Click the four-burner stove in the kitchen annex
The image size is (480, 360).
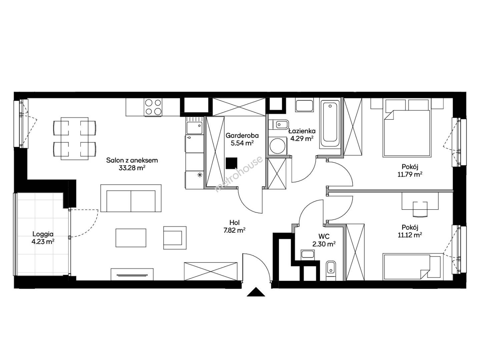click(x=153, y=107)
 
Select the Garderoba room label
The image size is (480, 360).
click(x=242, y=136)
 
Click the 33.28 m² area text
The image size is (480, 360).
click(x=132, y=168)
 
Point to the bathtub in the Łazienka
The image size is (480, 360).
click(x=330, y=125)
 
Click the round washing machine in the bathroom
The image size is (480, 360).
click(x=277, y=146)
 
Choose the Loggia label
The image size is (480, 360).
click(x=43, y=234)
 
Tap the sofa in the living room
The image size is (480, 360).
click(x=131, y=198)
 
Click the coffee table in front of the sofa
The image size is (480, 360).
click(x=131, y=238)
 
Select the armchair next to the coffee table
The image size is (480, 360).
click(x=175, y=238)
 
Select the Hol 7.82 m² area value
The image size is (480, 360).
click(x=234, y=230)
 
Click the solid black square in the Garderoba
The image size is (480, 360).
click(x=231, y=163)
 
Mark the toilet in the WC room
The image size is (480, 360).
click(x=331, y=271)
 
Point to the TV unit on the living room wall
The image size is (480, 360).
click(x=132, y=274)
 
